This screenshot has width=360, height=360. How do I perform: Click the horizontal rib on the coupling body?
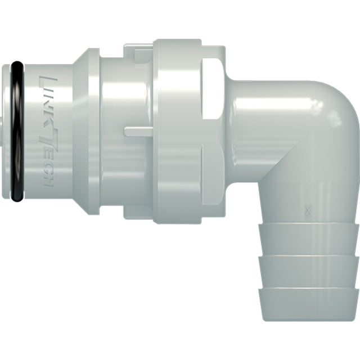(138, 132)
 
